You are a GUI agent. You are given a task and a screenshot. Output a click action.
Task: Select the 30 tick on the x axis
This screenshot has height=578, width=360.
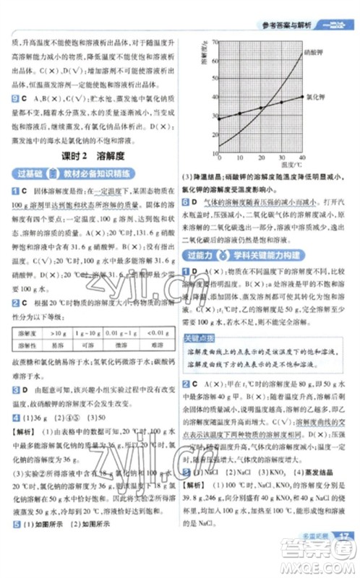pos(282,156)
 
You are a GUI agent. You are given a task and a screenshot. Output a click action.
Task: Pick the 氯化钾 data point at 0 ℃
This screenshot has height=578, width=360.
pos(218,118)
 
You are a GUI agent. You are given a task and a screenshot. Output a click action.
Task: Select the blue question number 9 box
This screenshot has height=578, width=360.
pos(14,97)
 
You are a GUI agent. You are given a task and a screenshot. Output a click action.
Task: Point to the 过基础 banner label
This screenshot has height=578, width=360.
pos(28,173)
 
